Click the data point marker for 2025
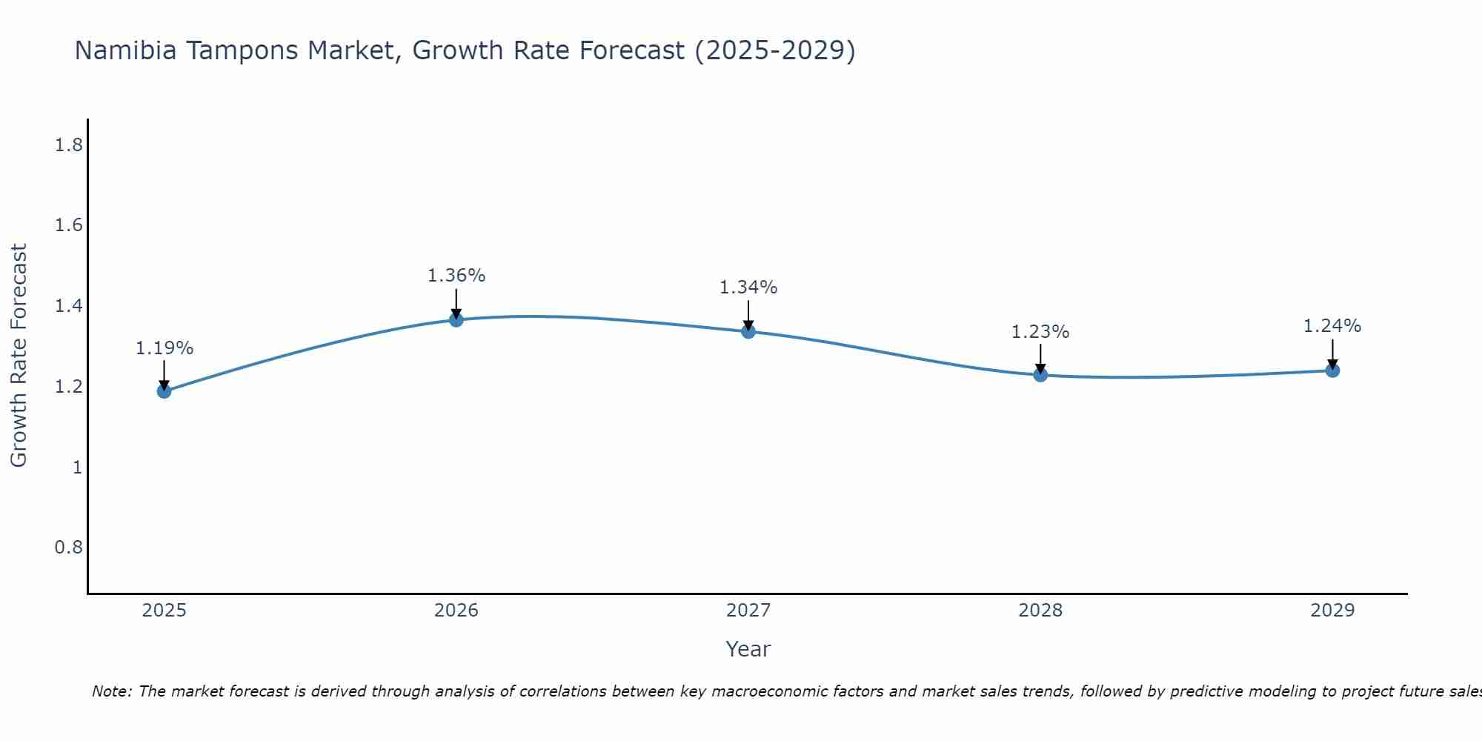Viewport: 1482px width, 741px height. [165, 391]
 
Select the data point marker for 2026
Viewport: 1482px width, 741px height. [456, 319]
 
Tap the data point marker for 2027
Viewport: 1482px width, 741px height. [748, 331]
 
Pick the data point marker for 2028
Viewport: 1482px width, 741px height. [1040, 375]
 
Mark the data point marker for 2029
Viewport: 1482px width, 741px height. [1332, 370]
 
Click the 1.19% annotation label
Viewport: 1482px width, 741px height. [165, 348]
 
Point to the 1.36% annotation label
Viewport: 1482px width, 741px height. [456, 276]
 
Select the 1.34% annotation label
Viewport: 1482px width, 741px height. [748, 288]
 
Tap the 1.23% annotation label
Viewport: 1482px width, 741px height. [1040, 332]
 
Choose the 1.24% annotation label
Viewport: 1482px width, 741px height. [1332, 326]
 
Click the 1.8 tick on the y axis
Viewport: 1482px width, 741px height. [68, 145]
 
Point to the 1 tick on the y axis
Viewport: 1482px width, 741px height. [77, 468]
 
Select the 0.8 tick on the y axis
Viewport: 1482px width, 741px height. [68, 548]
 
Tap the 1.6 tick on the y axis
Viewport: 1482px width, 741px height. [68, 225]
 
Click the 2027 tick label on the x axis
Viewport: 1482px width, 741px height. [748, 611]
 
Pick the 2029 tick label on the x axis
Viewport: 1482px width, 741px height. [1332, 611]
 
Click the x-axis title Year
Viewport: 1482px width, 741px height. [748, 649]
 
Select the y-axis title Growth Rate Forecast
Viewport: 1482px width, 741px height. [19, 356]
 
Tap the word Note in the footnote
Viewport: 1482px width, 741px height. [111, 691]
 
